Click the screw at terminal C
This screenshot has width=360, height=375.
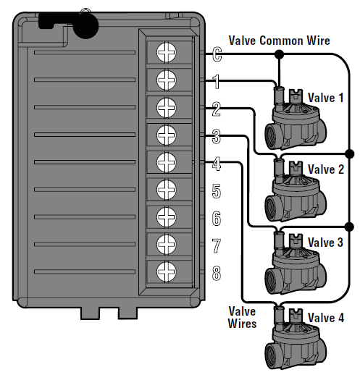pos(166,51)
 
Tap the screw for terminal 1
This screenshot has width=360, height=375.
pos(166,79)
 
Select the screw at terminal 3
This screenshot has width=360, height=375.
pos(166,134)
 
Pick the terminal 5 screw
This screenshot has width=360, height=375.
pos(166,189)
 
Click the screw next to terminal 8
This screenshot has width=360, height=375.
pos(166,271)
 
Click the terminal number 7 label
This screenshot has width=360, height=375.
pos(216,245)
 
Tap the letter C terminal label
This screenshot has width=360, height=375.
pos(216,53)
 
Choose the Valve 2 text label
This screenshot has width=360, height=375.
pos(325,169)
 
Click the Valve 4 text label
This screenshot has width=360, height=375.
pos(325,317)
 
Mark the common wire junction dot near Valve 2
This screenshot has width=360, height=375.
pos(350,153)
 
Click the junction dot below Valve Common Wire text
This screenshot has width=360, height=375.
pos(280,53)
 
